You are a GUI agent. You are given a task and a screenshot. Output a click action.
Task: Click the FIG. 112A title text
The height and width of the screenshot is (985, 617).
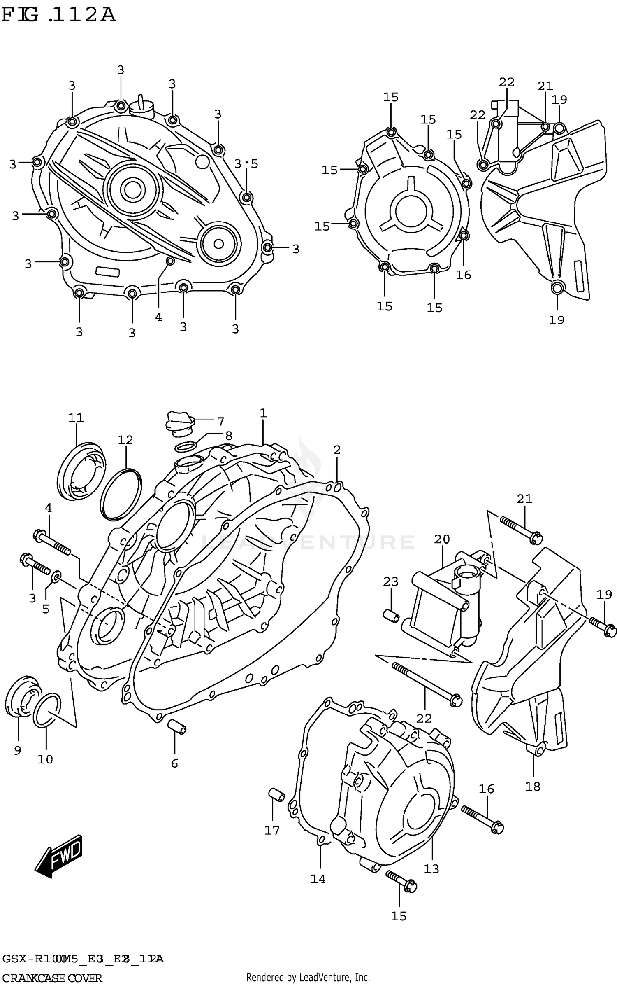(58, 16)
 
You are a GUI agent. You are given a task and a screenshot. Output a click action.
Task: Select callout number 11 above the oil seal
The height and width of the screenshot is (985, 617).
(76, 418)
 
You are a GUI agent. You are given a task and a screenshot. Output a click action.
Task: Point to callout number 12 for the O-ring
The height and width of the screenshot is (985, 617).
(125, 440)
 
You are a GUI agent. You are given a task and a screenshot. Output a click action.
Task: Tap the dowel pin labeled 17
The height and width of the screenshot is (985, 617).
(276, 795)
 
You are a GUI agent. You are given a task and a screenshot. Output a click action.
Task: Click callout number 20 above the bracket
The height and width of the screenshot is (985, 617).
(442, 539)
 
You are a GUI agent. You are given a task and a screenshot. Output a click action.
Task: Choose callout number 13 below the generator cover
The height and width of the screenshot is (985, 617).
(431, 869)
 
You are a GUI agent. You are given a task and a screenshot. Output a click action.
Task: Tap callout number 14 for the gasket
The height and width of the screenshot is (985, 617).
(318, 879)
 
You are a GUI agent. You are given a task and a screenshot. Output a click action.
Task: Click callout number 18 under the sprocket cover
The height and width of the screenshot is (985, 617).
(533, 787)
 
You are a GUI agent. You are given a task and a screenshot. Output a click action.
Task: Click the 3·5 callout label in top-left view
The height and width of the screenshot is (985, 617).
(246, 164)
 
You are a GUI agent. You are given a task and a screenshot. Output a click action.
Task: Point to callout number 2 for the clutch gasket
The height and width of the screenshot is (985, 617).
(337, 450)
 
